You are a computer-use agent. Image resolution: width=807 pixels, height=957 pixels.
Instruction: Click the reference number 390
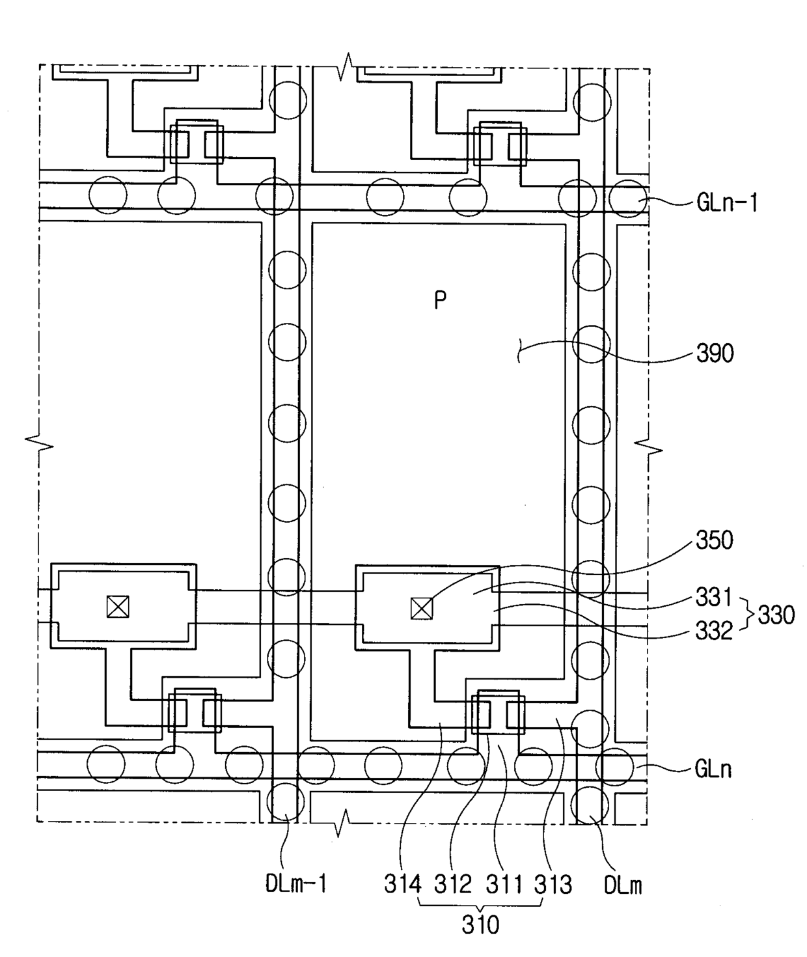715,354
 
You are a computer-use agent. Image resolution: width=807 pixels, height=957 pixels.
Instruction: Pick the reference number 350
715,540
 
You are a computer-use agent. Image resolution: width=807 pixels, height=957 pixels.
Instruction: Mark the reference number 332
714,631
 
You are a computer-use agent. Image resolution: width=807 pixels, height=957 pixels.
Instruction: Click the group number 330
776,615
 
